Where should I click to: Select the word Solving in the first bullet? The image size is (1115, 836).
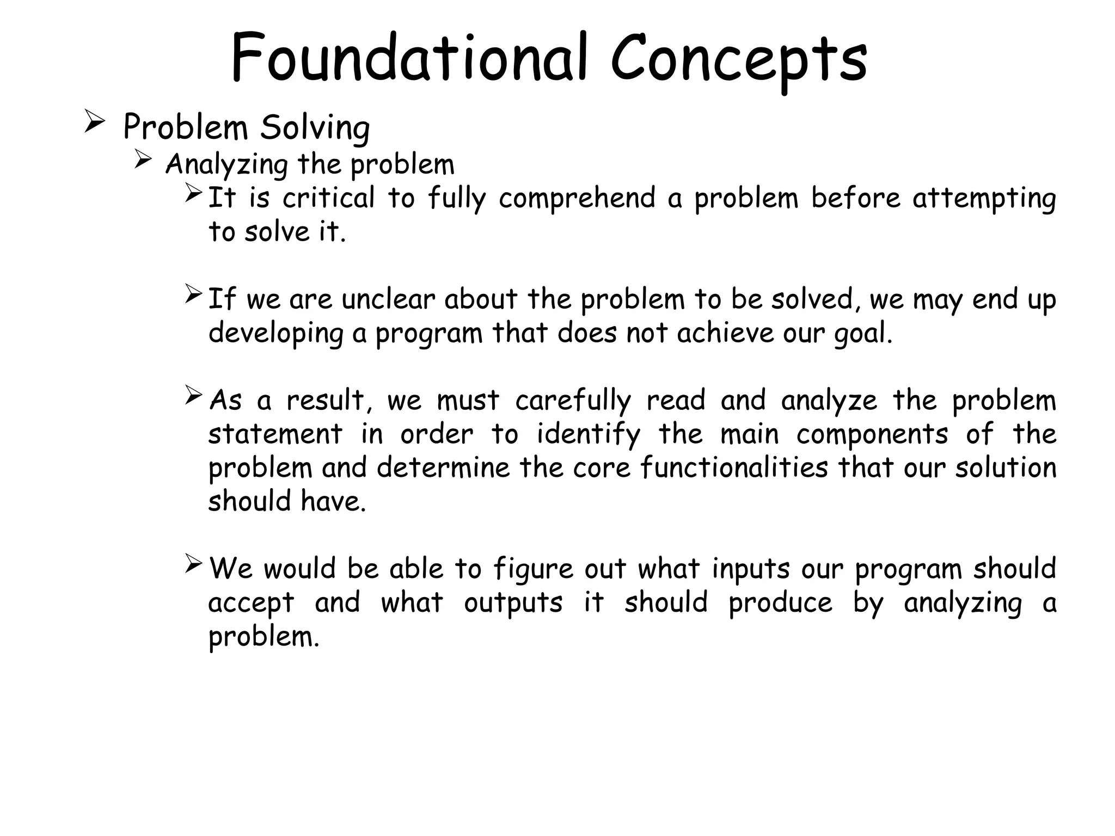point(315,128)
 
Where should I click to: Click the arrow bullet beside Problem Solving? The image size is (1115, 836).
point(95,121)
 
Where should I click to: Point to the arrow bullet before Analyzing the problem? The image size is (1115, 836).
point(143,159)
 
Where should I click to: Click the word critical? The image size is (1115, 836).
point(328,198)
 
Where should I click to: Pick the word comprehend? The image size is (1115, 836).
point(577,199)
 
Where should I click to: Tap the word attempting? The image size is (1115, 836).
point(984,199)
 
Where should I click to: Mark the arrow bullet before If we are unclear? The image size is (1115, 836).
point(193,294)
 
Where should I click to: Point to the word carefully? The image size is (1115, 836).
point(573,401)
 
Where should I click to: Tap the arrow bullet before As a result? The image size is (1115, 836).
point(193,395)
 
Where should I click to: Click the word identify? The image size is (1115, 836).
point(589,435)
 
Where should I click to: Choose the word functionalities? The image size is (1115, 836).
point(733,468)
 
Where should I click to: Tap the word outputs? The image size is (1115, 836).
point(513,603)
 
